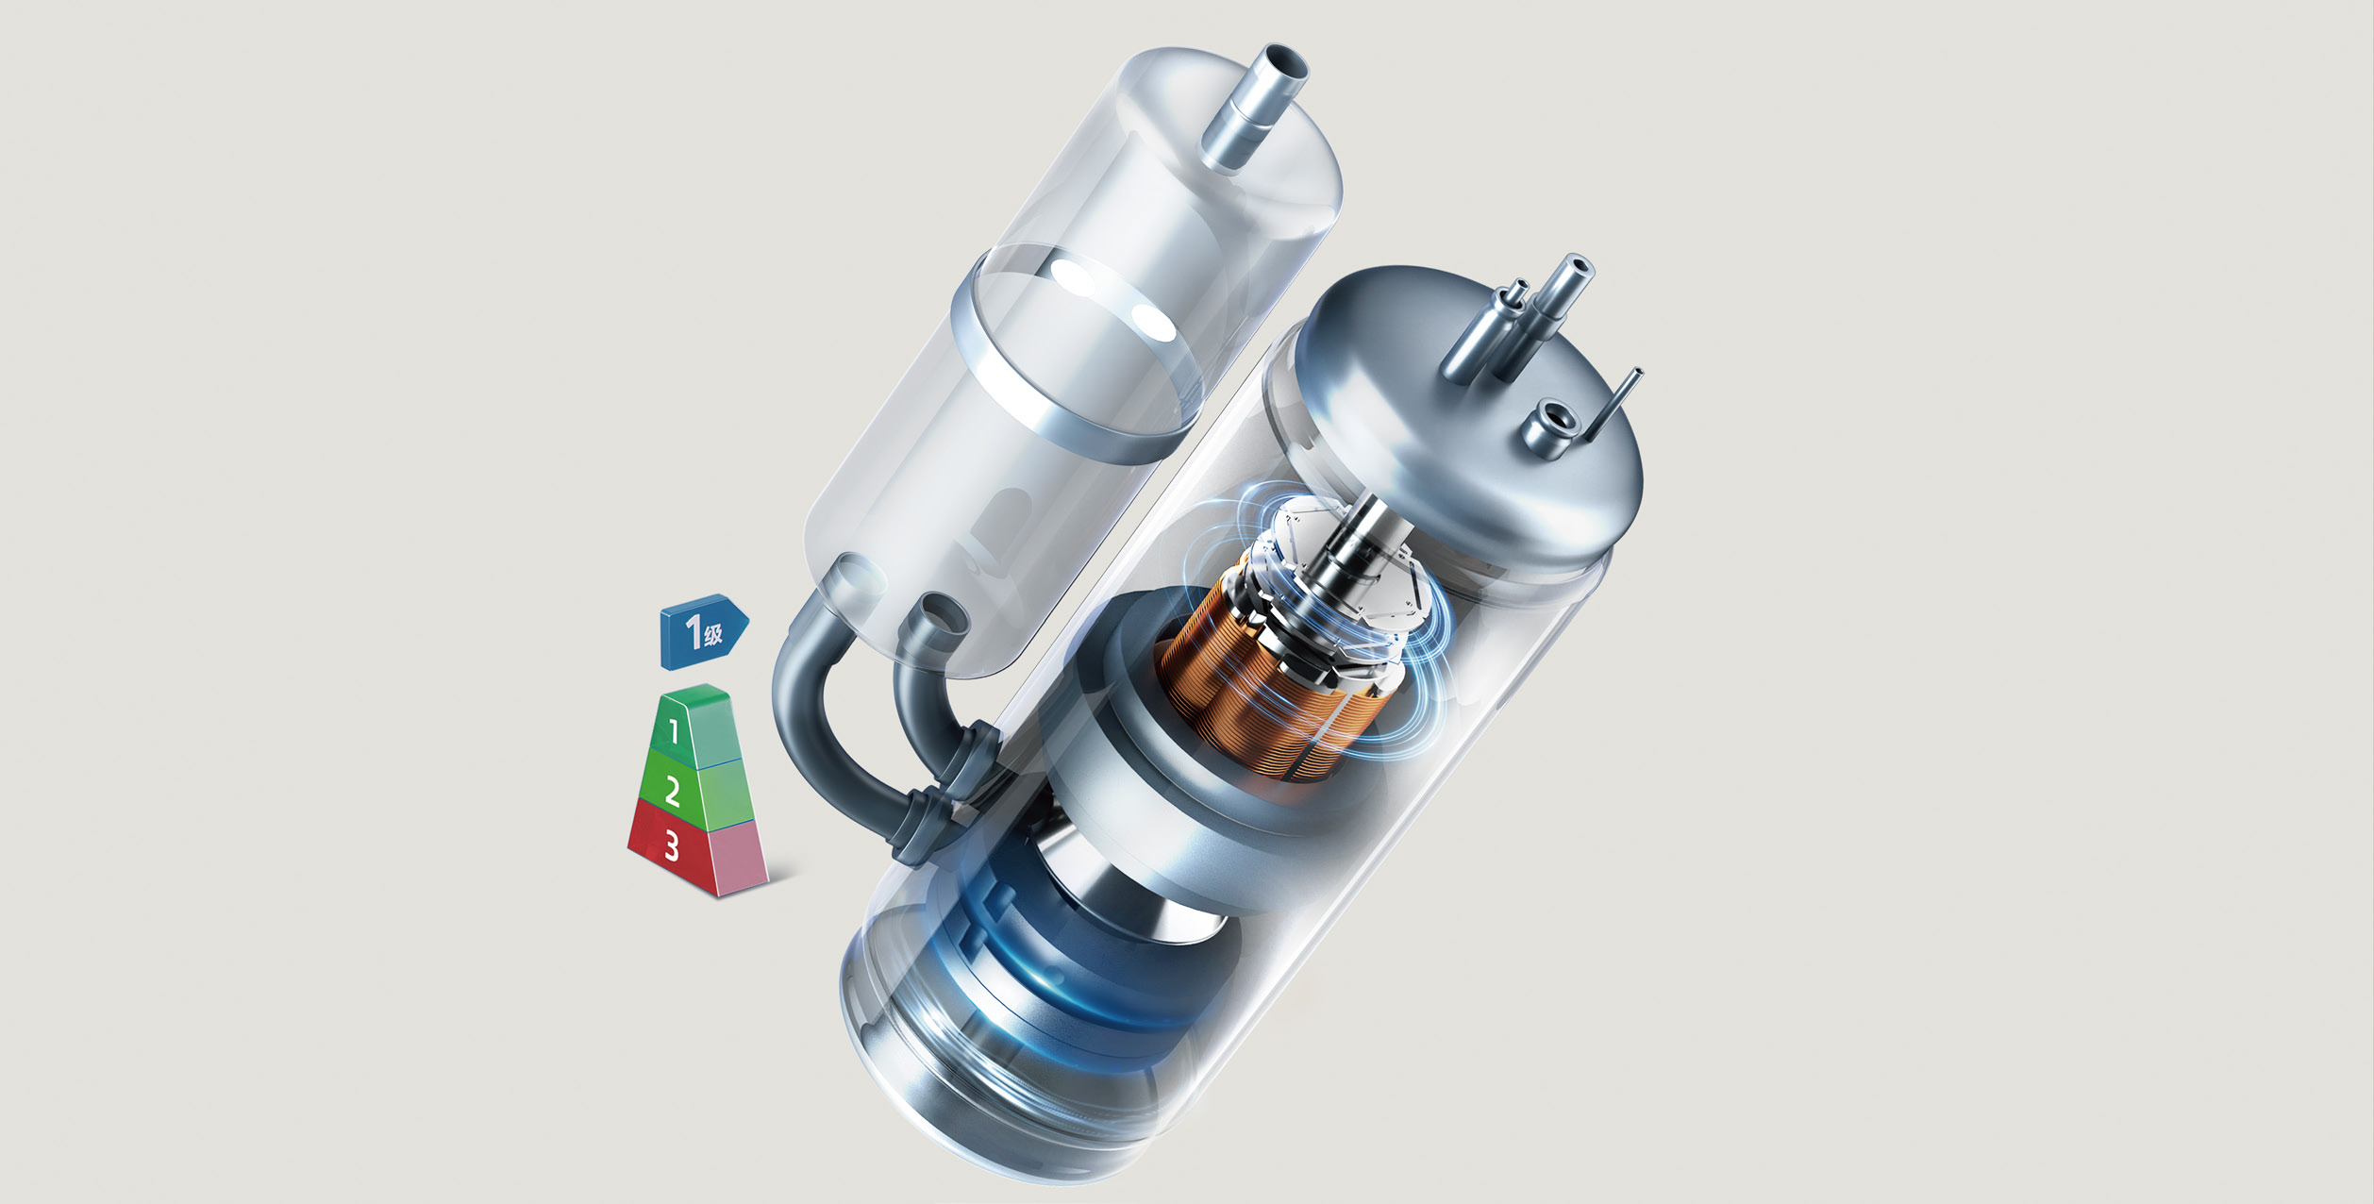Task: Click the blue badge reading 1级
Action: tap(704, 630)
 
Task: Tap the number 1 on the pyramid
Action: tap(674, 730)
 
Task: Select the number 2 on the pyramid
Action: tap(672, 791)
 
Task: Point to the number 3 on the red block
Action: tap(671, 846)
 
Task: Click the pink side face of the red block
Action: tap(741, 857)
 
